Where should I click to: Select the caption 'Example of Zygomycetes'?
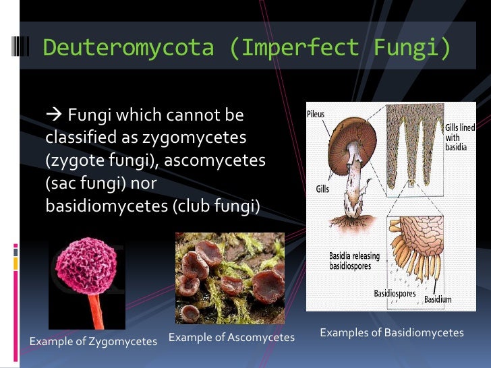point(93,341)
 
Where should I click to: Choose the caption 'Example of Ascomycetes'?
point(231,336)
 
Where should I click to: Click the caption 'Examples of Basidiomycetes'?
point(391,332)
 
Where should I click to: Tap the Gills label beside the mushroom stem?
point(322,189)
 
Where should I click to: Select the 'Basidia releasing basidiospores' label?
point(354,261)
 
